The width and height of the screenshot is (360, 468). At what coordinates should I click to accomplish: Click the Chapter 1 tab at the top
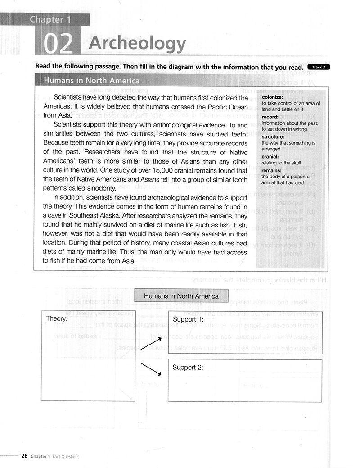(51, 19)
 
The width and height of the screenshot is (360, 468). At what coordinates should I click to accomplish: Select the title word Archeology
(137, 44)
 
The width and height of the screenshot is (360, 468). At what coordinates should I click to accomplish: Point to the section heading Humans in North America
(91, 81)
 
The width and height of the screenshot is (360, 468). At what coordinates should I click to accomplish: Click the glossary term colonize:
(272, 97)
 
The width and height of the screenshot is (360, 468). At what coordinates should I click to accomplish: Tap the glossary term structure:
(273, 136)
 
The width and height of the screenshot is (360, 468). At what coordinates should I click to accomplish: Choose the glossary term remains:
(272, 171)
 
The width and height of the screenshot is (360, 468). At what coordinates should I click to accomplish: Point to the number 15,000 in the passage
(163, 171)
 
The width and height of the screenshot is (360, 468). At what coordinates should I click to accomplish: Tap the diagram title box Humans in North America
(181, 296)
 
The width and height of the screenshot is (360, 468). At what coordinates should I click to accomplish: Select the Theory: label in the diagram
(57, 318)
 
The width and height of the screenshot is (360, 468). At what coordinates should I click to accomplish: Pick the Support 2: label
(188, 367)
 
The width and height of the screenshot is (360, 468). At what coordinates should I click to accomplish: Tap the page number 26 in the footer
(24, 456)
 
